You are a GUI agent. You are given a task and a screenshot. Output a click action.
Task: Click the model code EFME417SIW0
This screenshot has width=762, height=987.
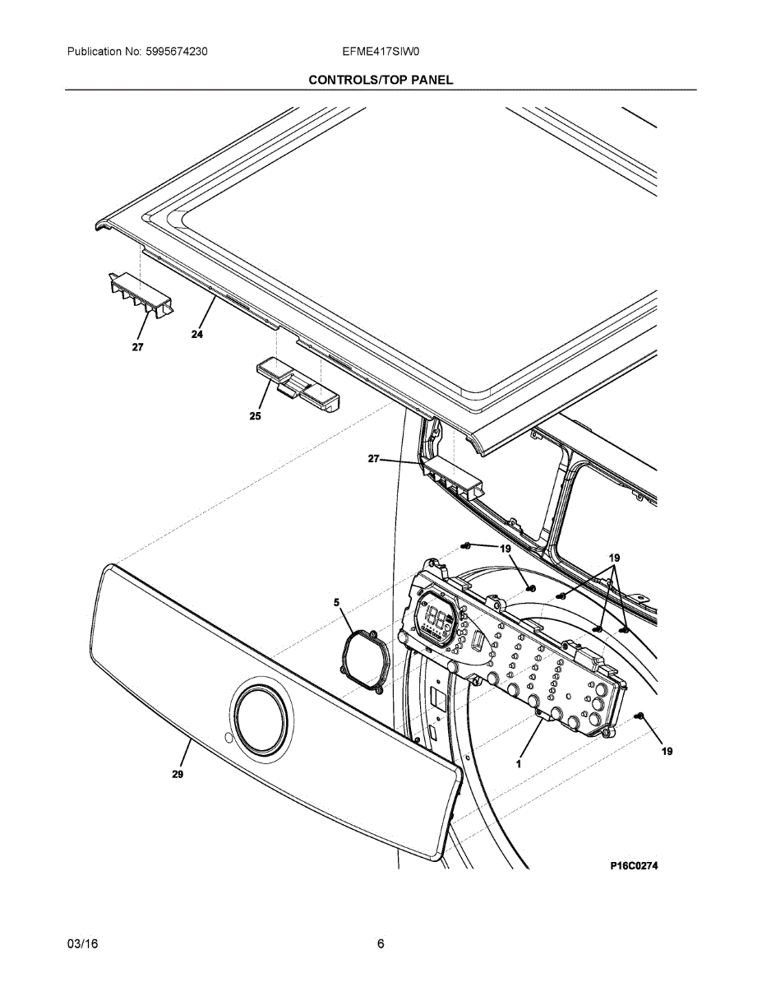381,52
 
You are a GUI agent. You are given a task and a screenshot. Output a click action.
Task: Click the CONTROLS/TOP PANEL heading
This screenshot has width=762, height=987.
381,80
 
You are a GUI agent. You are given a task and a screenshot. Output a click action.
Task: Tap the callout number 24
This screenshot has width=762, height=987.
197,334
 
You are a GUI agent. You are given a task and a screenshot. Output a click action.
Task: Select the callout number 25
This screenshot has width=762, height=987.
256,416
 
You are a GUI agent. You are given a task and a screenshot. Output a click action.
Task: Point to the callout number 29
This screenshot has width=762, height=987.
178,774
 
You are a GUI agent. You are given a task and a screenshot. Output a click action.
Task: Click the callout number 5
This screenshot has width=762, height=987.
337,603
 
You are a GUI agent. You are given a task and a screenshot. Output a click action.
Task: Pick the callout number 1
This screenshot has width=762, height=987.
519,763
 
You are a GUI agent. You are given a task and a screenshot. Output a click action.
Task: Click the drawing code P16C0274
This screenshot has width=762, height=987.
634,866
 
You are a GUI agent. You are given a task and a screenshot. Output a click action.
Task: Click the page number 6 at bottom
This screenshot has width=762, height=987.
381,944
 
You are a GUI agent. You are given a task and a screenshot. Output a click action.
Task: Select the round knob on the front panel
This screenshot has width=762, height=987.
262,715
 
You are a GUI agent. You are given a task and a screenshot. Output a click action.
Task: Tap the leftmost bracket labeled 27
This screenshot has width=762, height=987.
141,295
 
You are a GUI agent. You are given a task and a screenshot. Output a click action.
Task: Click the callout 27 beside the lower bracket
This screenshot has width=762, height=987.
374,460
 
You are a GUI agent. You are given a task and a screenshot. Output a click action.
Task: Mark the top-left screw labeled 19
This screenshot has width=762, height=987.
466,546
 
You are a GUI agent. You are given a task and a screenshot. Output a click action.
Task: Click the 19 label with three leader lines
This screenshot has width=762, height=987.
613,558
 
